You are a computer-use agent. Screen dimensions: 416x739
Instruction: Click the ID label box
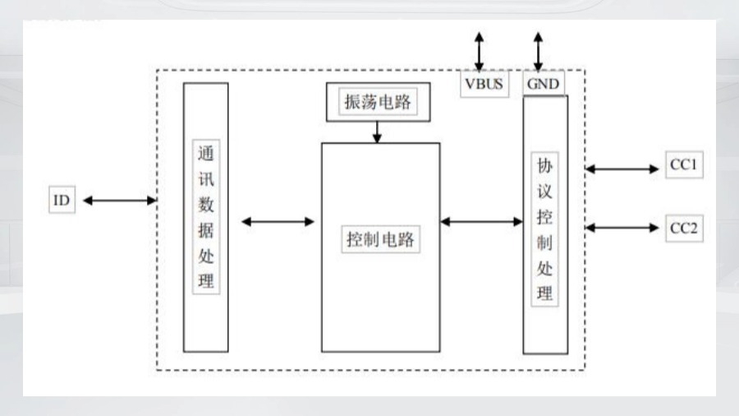click(x=62, y=201)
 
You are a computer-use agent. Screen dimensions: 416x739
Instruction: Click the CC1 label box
click(x=683, y=165)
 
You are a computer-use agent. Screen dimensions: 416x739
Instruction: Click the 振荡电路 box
click(x=377, y=103)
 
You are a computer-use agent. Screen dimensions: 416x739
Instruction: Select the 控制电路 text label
click(x=379, y=240)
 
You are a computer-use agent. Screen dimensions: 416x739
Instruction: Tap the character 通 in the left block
click(x=206, y=155)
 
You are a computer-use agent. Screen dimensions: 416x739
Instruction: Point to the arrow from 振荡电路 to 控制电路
click(x=377, y=132)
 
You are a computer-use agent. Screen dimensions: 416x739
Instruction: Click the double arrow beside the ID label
click(x=119, y=201)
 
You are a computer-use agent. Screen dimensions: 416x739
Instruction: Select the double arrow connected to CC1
click(x=622, y=169)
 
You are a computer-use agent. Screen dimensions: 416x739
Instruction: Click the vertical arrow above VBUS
click(x=479, y=51)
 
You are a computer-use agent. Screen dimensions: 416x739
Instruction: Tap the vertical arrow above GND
click(x=539, y=51)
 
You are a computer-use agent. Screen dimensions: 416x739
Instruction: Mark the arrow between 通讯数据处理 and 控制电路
click(x=278, y=221)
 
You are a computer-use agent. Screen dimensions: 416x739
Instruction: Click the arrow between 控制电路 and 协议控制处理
click(x=481, y=221)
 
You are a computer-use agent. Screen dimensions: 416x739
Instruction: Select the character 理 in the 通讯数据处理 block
click(x=206, y=281)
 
